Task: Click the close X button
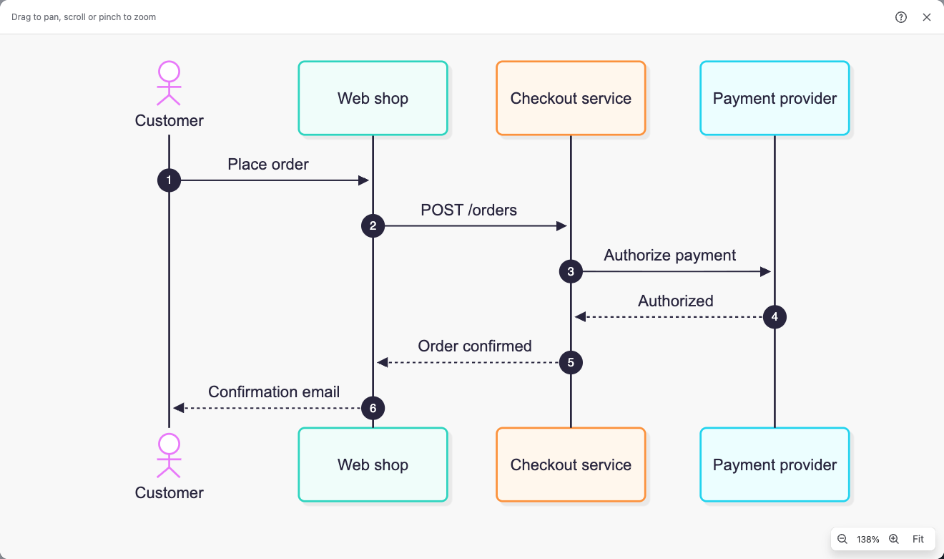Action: (927, 17)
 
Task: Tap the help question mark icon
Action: (901, 17)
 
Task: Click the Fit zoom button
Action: (918, 539)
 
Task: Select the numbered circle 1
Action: (169, 180)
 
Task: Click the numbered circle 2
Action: (373, 225)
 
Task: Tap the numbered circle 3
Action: (571, 271)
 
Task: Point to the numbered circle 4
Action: (775, 317)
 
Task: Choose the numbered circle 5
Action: (571, 362)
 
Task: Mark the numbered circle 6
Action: (373, 408)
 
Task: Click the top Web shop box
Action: (373, 98)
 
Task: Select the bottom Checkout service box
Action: (571, 465)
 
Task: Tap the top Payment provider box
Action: (775, 98)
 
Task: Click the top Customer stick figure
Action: (169, 83)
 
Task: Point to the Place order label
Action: (268, 164)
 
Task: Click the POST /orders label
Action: (468, 210)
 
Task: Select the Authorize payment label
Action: (669, 256)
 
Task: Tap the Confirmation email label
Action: (274, 392)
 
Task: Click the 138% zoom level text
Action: (867, 539)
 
